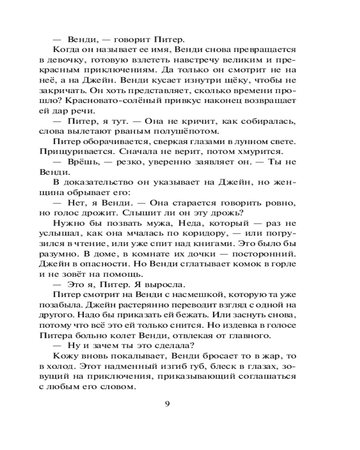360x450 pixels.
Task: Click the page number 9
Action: (x=167, y=403)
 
